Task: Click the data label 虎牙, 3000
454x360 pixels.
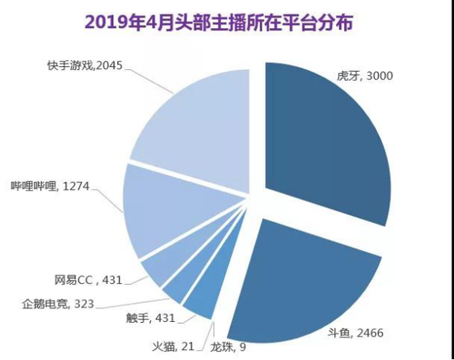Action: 363,76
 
